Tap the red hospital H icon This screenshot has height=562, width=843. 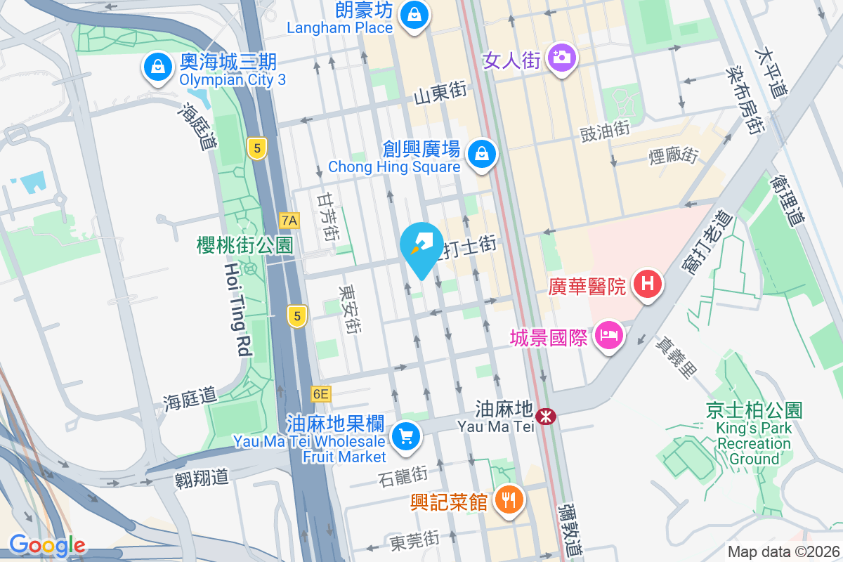click(x=648, y=284)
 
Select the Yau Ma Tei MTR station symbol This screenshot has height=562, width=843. click(x=545, y=416)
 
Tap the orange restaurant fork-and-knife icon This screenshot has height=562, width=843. click(x=507, y=499)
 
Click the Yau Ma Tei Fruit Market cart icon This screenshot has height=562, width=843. click(x=405, y=436)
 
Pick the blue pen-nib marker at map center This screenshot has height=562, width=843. click(x=421, y=247)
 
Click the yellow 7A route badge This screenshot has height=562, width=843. click(x=289, y=221)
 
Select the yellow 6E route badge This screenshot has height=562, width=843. click(x=320, y=394)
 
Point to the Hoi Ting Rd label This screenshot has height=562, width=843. click(x=239, y=308)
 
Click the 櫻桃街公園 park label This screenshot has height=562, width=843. click(x=244, y=244)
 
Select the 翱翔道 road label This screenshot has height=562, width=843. click(x=202, y=478)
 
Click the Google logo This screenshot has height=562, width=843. click(x=47, y=545)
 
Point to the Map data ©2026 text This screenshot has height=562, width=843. click(x=783, y=551)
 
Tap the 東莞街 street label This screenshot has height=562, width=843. click(x=414, y=540)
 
